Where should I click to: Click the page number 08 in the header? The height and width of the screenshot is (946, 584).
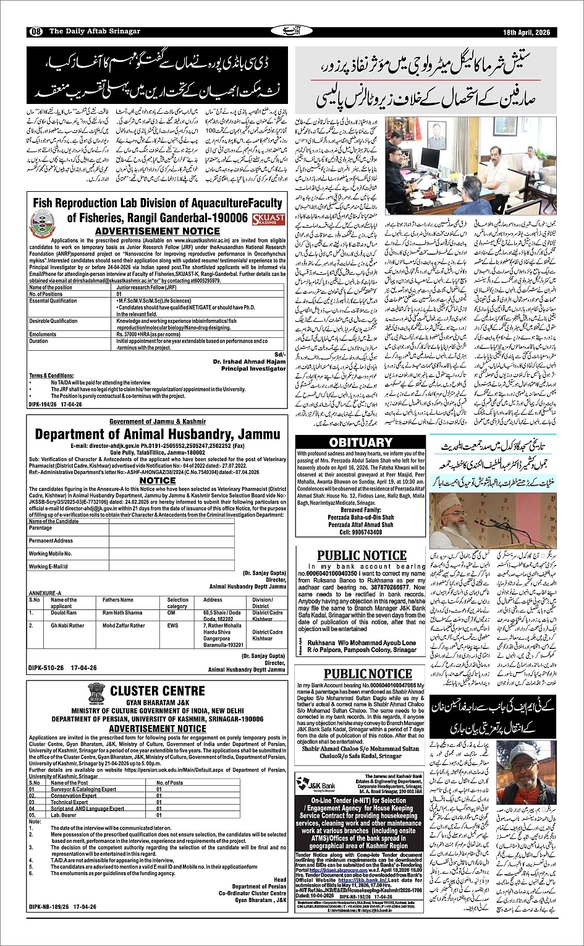coord(35,32)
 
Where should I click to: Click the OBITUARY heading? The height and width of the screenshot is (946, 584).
coord(361,442)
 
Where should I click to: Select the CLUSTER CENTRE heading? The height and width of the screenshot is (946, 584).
coord(157,690)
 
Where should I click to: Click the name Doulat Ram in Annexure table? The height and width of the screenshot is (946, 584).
coord(64,613)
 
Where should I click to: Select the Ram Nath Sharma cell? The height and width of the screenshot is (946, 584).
coord(122,613)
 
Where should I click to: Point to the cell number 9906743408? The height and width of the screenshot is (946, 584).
coord(362,531)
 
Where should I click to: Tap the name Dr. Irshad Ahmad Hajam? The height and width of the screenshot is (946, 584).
coord(249,361)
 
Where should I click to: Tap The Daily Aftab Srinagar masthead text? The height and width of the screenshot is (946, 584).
coord(86,32)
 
